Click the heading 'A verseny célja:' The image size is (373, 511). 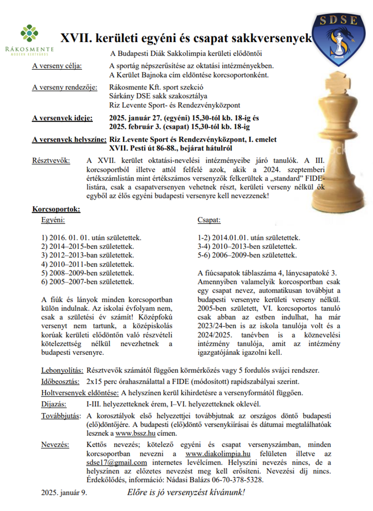pos(57,66)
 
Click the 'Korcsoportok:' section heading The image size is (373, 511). pos(56,210)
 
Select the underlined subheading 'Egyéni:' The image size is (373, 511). pos(53,220)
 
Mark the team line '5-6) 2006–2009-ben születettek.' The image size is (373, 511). pos(247,255)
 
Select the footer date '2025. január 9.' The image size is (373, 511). pos(64,492)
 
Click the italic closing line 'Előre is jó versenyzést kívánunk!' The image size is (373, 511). pos(186,491)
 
